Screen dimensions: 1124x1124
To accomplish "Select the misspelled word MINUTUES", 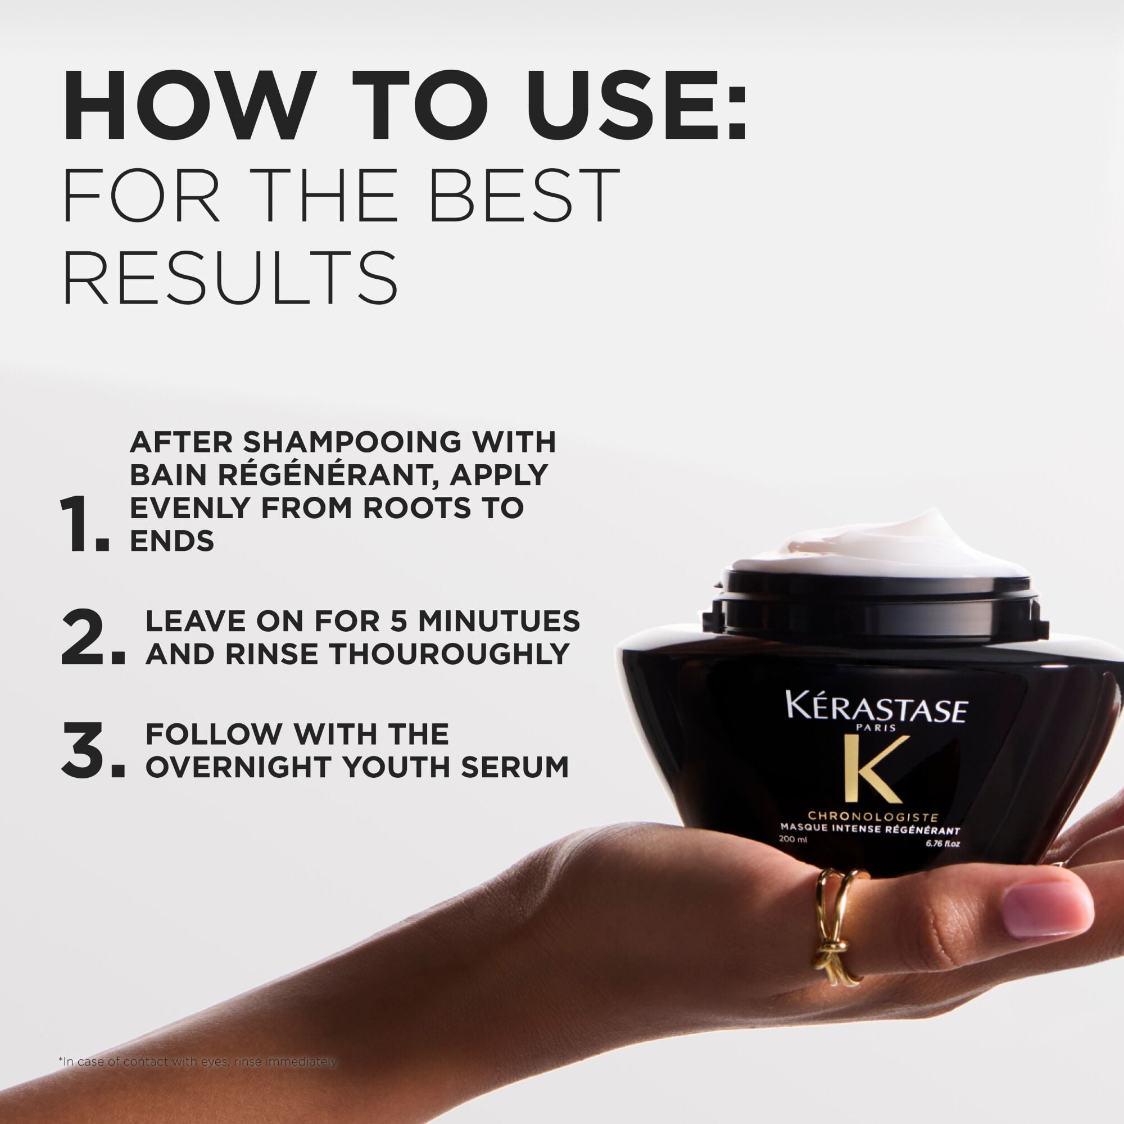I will pyautogui.click(x=499, y=622).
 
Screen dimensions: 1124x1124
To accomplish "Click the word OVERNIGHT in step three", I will pyautogui.click(x=239, y=767).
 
